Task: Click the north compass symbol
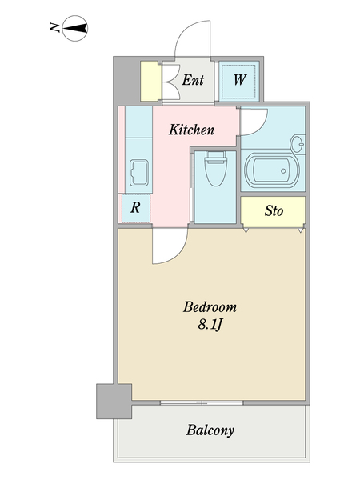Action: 75,29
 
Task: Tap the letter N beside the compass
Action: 54,27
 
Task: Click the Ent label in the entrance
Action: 193,80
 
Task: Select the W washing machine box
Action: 239,81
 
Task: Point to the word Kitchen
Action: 192,130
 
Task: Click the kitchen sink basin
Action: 139,174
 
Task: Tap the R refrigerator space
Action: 136,208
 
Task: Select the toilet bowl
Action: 215,169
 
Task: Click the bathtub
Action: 272,171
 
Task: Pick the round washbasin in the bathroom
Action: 298,144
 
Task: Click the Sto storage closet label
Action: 274,211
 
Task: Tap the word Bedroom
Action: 210,307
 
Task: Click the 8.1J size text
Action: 210,325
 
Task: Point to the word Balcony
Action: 210,430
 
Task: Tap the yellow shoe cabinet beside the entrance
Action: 150,81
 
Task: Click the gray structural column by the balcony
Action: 114,402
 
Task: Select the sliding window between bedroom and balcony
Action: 202,402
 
